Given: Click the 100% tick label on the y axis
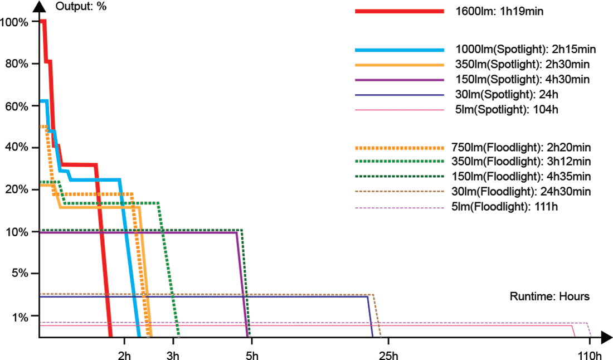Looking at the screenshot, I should tap(13, 22).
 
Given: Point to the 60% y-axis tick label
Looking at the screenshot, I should tap(16, 105).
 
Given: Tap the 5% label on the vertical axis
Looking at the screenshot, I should tap(18, 274).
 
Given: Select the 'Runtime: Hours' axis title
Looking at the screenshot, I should tap(549, 296).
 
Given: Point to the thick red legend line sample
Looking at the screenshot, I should tap(399, 12).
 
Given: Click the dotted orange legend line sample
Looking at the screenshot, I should tap(399, 148).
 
